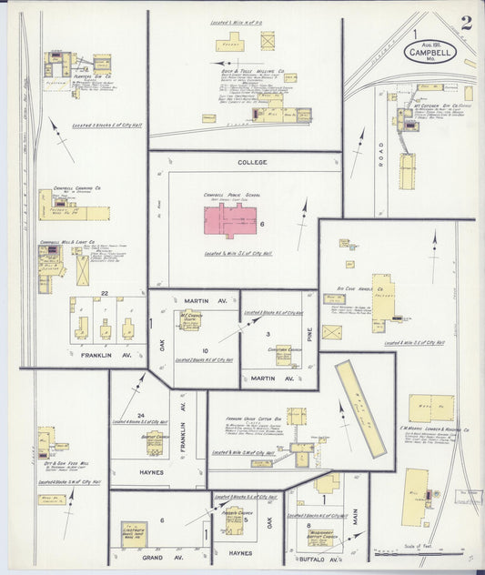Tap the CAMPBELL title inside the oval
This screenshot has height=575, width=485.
point(430,53)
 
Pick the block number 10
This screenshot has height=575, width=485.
point(206,350)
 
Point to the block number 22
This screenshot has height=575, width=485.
point(105,293)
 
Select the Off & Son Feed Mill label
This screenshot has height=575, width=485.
point(56,463)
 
